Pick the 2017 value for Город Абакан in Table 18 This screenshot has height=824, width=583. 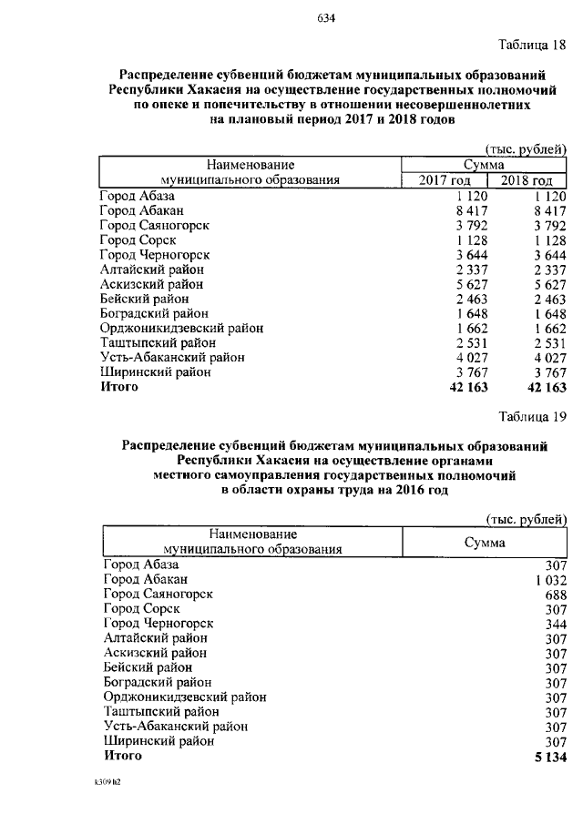pyautogui.click(x=471, y=210)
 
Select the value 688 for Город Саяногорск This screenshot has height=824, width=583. pyautogui.click(x=556, y=594)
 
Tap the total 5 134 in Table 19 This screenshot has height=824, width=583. pyautogui.click(x=549, y=756)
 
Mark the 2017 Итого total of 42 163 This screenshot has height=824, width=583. pyautogui.click(x=469, y=387)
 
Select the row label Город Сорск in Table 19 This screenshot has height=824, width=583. pyautogui.click(x=141, y=608)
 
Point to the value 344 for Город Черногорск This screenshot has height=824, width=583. pyautogui.click(x=556, y=623)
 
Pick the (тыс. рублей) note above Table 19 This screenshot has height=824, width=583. pyautogui.click(x=526, y=518)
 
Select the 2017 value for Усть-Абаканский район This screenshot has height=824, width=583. pyautogui.click(x=471, y=358)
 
